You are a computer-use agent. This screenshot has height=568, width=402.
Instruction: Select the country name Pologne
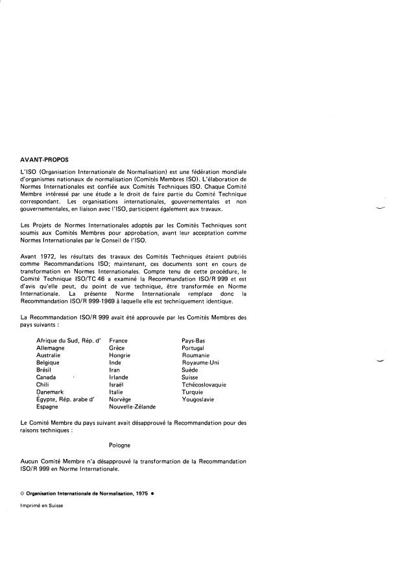(x=120, y=445)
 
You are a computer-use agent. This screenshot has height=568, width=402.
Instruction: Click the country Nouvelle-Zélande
(x=132, y=407)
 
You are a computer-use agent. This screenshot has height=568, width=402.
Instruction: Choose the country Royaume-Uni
(x=200, y=362)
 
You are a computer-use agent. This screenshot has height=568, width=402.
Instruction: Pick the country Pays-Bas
(x=193, y=340)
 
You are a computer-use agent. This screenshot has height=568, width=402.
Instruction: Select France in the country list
(x=118, y=340)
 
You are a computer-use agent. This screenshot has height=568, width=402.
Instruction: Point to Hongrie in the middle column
(x=120, y=355)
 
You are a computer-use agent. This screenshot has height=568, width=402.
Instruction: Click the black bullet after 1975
(x=152, y=494)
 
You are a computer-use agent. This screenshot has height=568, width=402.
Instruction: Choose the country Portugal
(x=195, y=348)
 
